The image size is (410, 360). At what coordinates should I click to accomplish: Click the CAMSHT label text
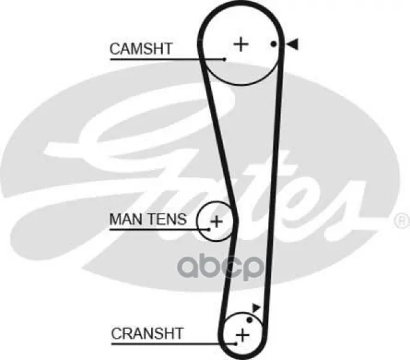coord(141,49)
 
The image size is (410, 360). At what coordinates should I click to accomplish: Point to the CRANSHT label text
coord(147,333)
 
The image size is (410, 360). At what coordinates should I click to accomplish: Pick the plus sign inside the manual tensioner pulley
coord(216,222)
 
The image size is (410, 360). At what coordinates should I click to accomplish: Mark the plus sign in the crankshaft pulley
coord(242,335)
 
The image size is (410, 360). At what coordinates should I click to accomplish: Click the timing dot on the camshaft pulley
coord(273,44)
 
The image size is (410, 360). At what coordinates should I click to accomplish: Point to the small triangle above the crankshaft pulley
coord(257,308)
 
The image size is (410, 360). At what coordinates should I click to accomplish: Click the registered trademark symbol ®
coord(399,221)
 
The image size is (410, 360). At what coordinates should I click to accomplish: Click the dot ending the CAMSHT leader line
coord(224,59)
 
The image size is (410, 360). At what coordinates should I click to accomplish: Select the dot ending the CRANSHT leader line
coord(236,344)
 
